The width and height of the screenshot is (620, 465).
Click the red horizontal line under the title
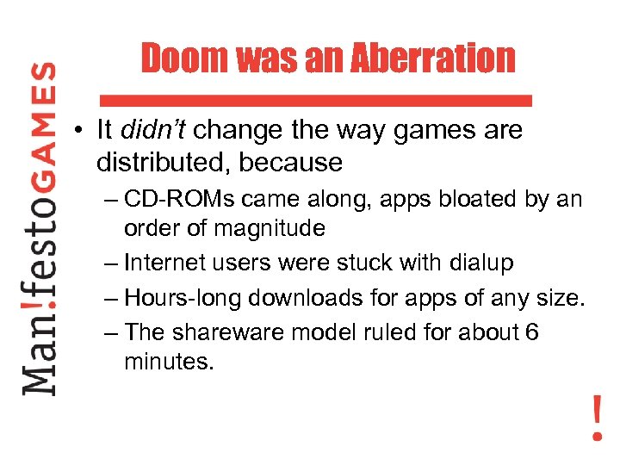tap(315, 100)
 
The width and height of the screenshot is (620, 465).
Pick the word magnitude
tap(270, 228)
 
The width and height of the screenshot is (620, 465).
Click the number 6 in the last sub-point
tap(531, 332)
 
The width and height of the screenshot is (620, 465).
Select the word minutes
tap(168, 361)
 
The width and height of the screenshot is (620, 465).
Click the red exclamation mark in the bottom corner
tap(597, 418)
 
